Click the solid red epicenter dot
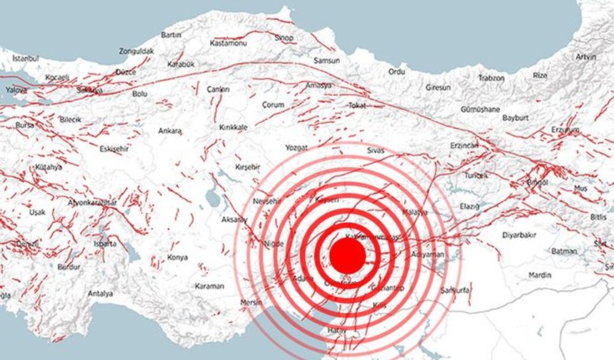click(348, 255)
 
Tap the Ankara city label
click(170, 131)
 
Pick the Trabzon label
click(491, 77)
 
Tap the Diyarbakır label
click(518, 234)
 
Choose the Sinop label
click(284, 37)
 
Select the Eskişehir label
click(114, 149)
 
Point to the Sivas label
click(376, 151)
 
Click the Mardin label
click(540, 274)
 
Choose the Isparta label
click(104, 243)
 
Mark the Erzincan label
click(464, 145)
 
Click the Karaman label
click(209, 286)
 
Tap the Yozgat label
click(296, 147)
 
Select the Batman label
click(564, 251)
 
